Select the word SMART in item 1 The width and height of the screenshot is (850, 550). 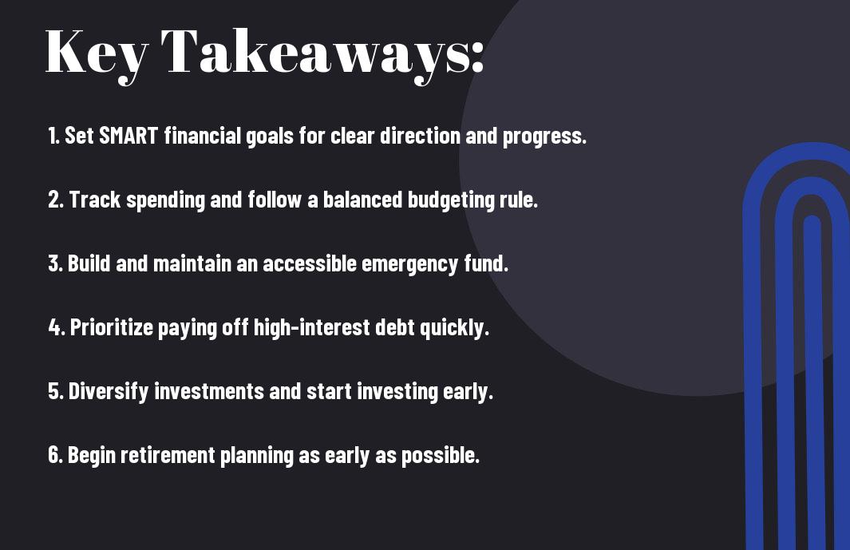[x=128, y=136]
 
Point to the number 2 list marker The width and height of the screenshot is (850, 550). [x=56, y=200]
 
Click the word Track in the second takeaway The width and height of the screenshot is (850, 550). [x=95, y=200]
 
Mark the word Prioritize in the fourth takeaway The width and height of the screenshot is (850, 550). [x=112, y=327]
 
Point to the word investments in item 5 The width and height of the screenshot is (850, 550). [x=209, y=391]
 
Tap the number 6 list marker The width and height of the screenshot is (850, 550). [x=56, y=454]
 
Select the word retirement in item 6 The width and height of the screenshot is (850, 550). [x=168, y=454]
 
